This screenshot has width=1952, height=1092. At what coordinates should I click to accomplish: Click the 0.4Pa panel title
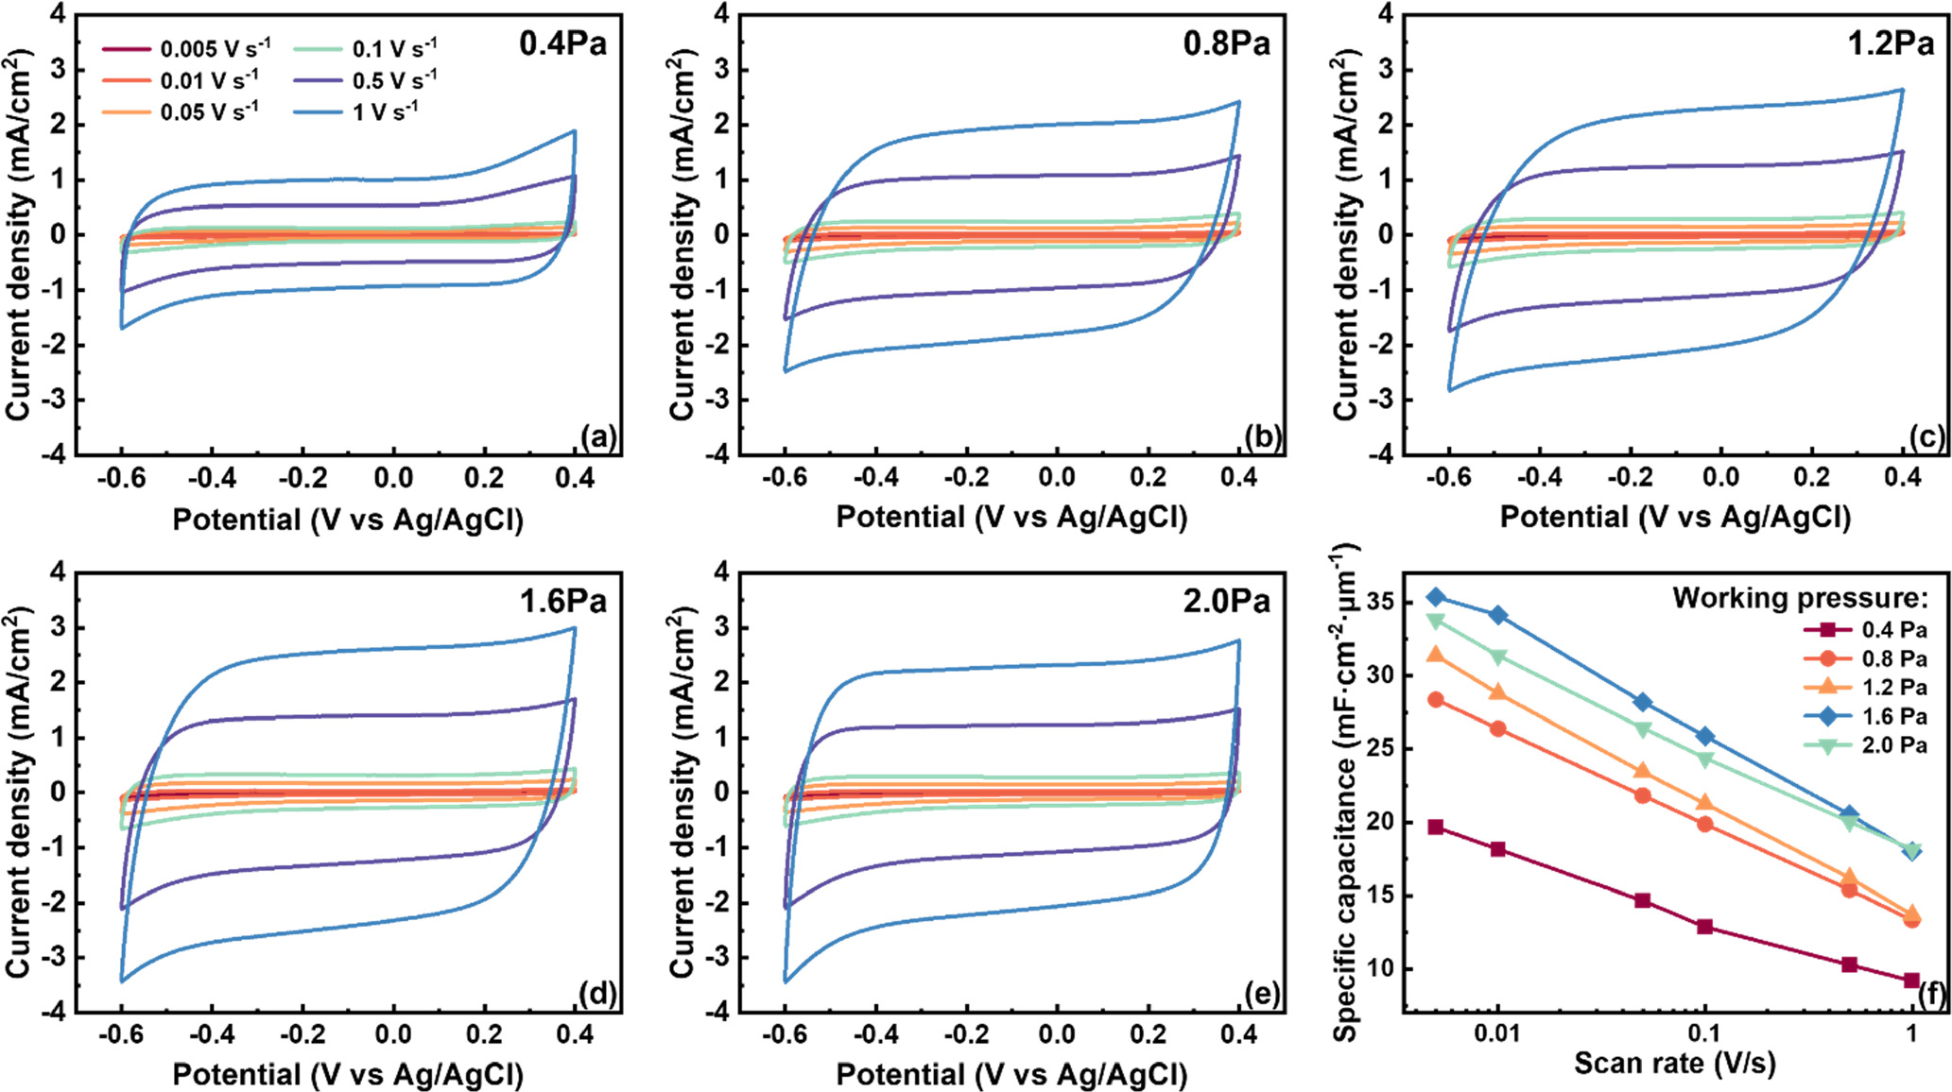click(562, 43)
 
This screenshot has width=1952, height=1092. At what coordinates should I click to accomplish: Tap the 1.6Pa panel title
click(562, 601)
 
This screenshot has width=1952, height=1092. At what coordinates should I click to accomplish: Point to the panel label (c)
click(1927, 436)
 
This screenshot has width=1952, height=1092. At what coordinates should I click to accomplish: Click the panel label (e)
click(1263, 994)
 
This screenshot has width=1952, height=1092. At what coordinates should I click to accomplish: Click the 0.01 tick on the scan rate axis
click(1496, 1032)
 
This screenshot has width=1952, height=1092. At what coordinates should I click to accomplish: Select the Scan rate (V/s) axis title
click(1674, 1064)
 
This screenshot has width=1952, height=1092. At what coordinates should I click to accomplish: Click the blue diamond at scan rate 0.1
click(1705, 736)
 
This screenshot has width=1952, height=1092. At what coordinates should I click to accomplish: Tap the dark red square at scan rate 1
click(1911, 981)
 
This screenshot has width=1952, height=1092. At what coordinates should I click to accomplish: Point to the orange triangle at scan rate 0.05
click(1643, 772)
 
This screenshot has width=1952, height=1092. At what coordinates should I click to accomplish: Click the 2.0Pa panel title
click(1226, 601)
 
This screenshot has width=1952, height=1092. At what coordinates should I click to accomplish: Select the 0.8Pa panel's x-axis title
click(1011, 518)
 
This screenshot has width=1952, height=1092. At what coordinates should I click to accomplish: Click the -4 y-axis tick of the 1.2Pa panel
click(1386, 454)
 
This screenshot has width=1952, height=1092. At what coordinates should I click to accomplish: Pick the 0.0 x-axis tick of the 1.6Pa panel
click(393, 1034)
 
